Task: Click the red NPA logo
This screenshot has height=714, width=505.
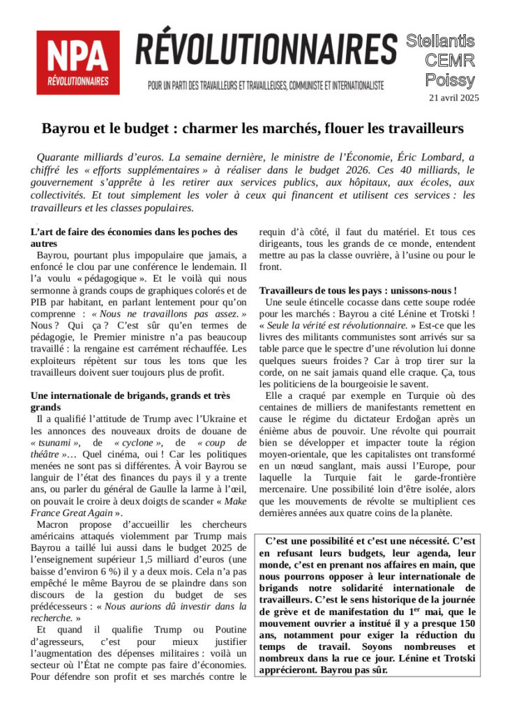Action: pyautogui.click(x=77, y=62)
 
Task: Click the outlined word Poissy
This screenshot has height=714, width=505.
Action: pyautogui.click(x=451, y=79)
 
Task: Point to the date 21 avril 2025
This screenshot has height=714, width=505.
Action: pyautogui.click(x=453, y=98)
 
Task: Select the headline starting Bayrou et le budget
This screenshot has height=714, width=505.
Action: pyautogui.click(x=252, y=129)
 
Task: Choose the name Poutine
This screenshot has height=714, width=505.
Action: pyautogui.click(x=227, y=631)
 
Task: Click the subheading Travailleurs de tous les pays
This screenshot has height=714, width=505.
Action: pyautogui.click(x=358, y=290)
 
